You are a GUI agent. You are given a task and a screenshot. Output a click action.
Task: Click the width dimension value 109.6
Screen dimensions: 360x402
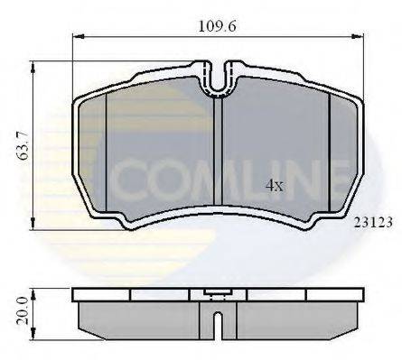coord(219,26)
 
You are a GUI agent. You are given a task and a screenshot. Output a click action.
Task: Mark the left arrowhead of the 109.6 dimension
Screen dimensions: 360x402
coord(77,37)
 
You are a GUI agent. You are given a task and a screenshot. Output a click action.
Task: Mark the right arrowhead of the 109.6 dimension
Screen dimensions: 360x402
coord(362,37)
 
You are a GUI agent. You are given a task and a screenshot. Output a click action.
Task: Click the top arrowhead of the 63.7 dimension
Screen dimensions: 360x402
coord(34,64)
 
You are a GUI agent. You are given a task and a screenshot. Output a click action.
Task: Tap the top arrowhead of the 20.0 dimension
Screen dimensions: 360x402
coord(34,291)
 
